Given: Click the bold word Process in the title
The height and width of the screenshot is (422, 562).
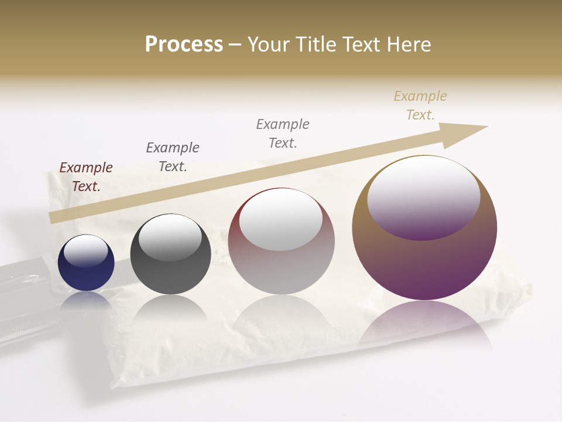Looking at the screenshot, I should point(184,44).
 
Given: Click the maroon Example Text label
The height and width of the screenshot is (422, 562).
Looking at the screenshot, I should point(86,177).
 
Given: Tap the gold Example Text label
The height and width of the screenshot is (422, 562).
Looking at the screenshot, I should point(420,105).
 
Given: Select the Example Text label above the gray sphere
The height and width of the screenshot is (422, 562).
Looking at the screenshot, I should point(173,157).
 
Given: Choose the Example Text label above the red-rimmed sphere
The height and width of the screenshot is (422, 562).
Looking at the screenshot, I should point(283,133).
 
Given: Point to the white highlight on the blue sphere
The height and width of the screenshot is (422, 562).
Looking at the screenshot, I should point(85,249).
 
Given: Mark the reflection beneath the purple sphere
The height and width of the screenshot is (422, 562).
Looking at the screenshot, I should point(425,322).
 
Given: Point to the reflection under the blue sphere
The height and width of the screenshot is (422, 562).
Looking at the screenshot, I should point(86,300).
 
